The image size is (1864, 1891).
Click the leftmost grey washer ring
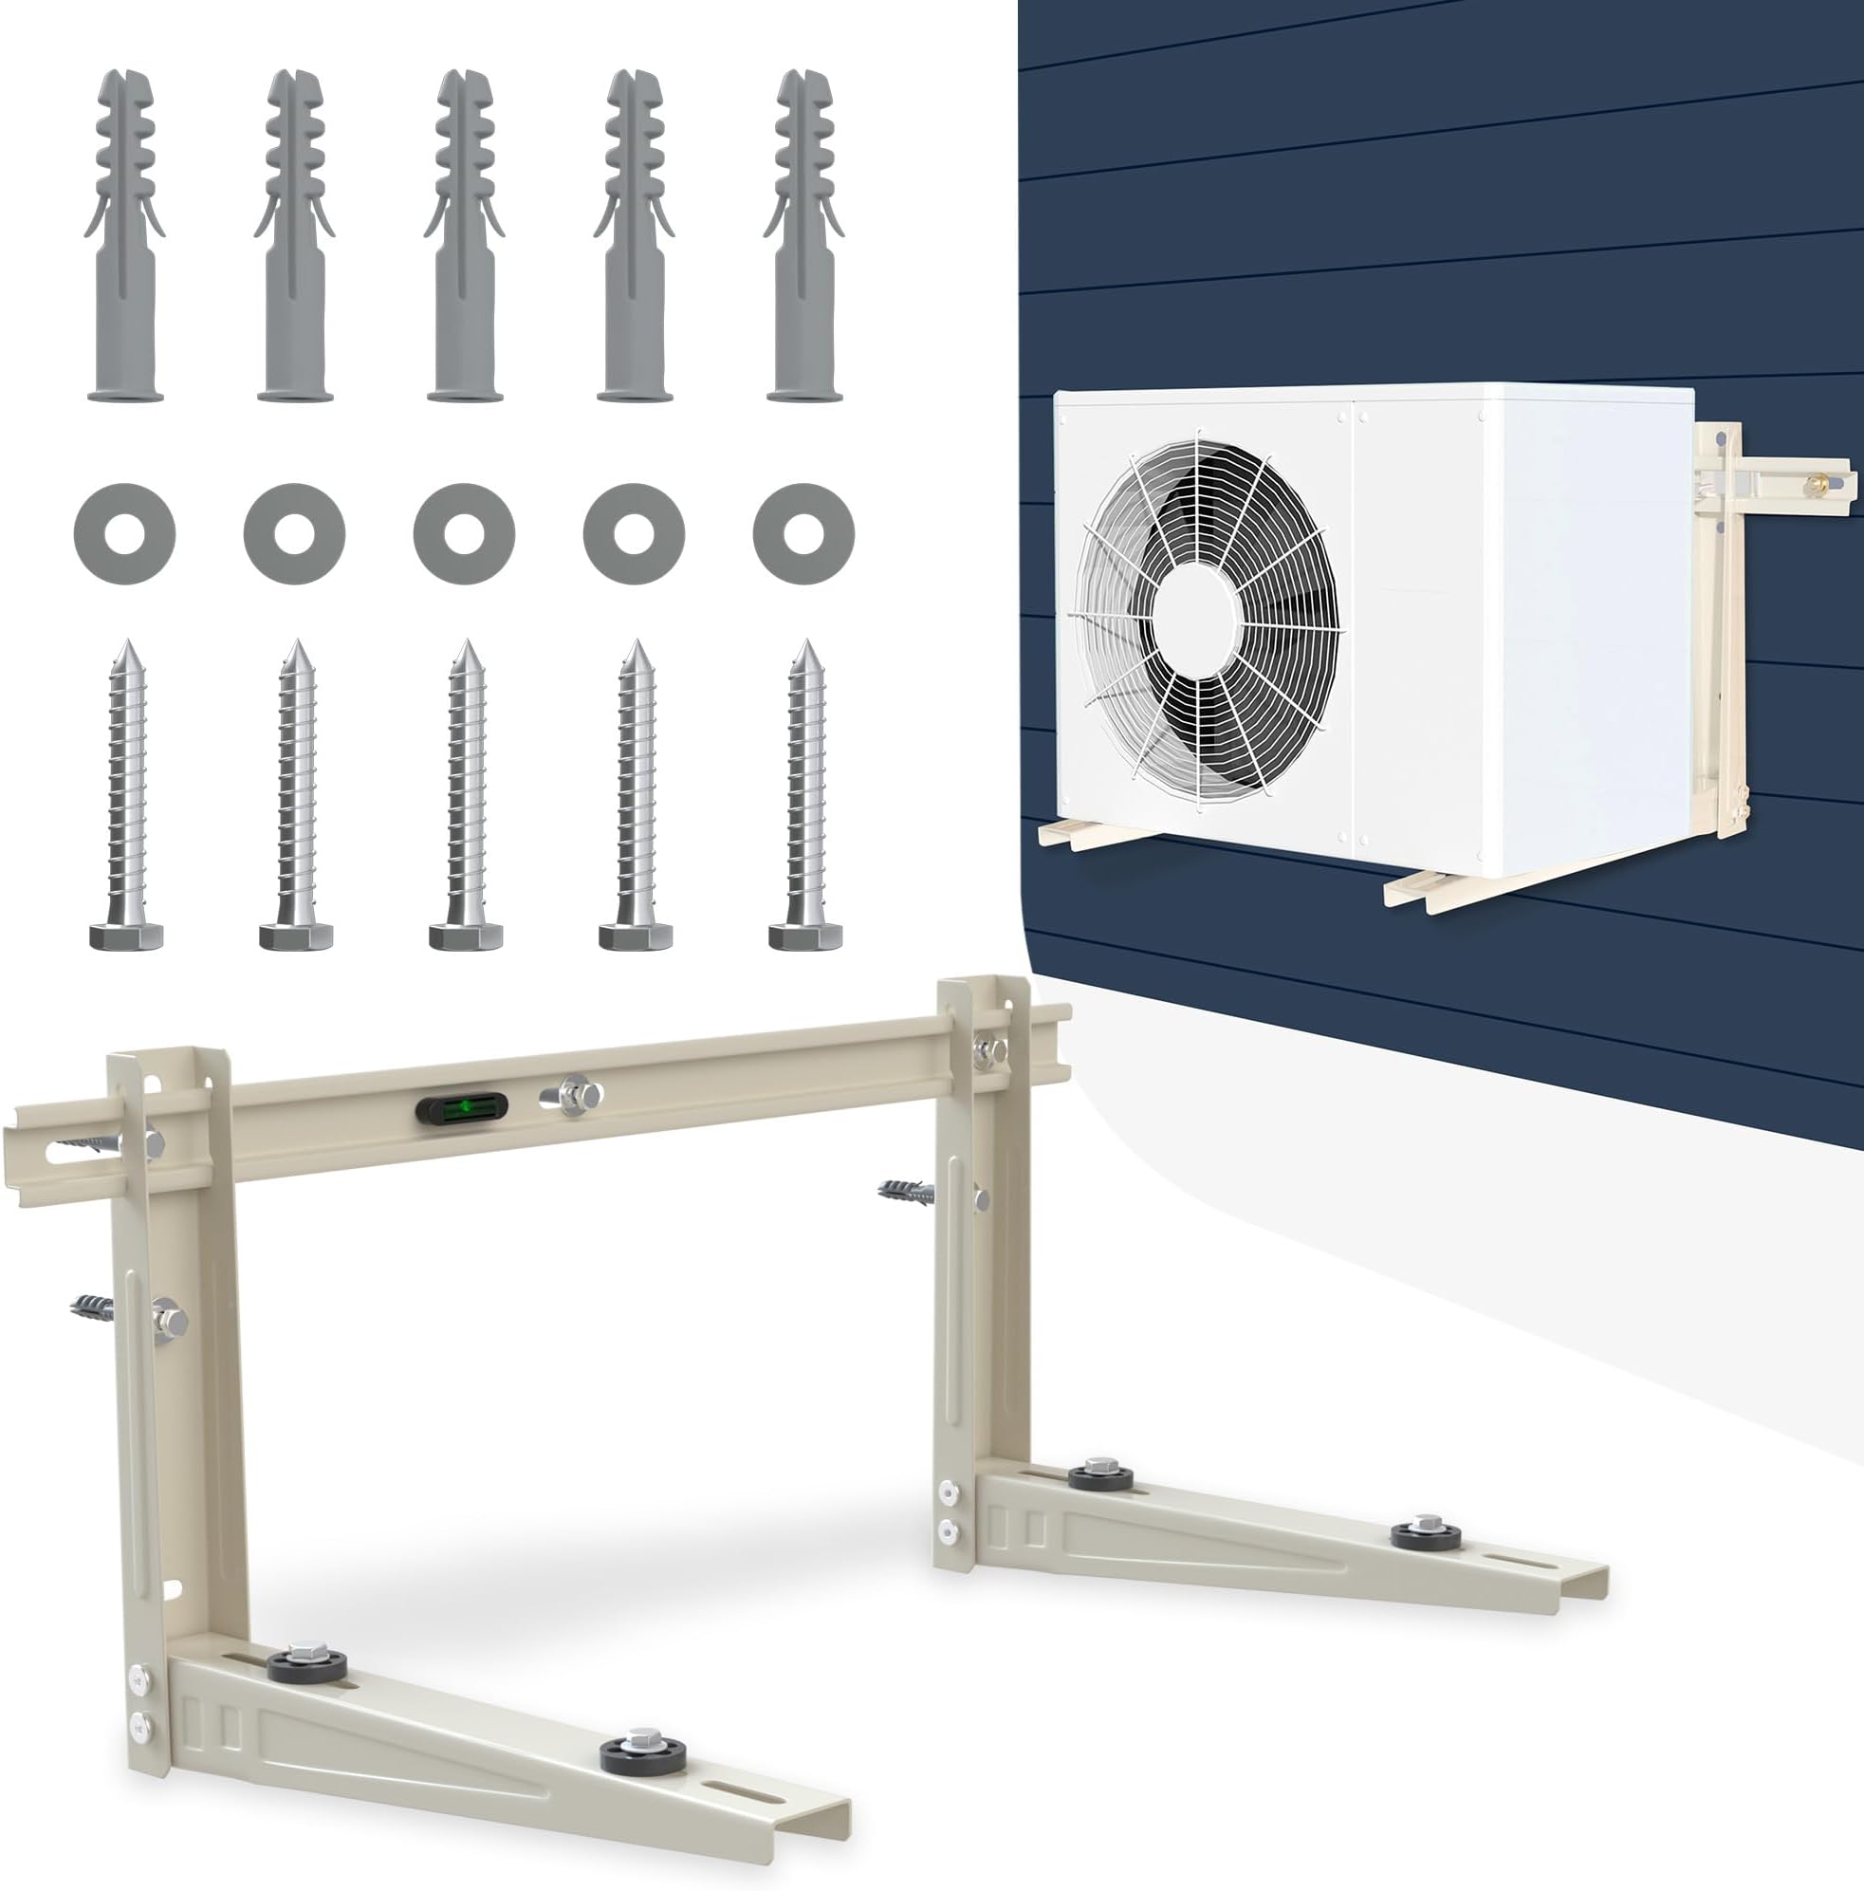click(124, 534)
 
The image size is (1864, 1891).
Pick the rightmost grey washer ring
click(804, 534)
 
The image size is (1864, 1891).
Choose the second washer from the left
click(294, 534)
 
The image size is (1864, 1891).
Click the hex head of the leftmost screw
click(125, 936)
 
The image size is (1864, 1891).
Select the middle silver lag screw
click(465, 793)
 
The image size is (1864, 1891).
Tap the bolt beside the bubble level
click(570, 1094)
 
